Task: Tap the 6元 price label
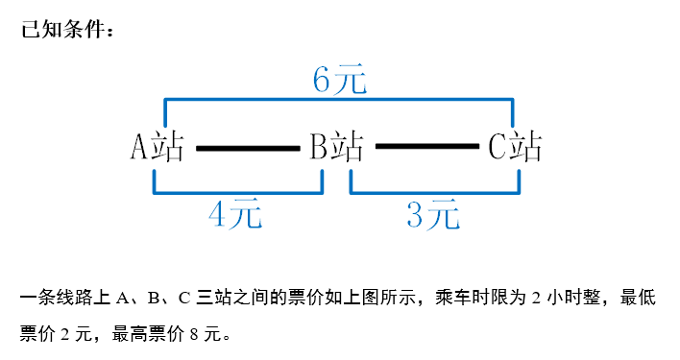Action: pos(340,81)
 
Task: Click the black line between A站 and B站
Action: pos(248,148)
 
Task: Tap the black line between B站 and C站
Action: pos(426,147)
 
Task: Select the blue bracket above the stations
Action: pos(340,98)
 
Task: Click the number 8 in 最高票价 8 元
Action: pos(195,334)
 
